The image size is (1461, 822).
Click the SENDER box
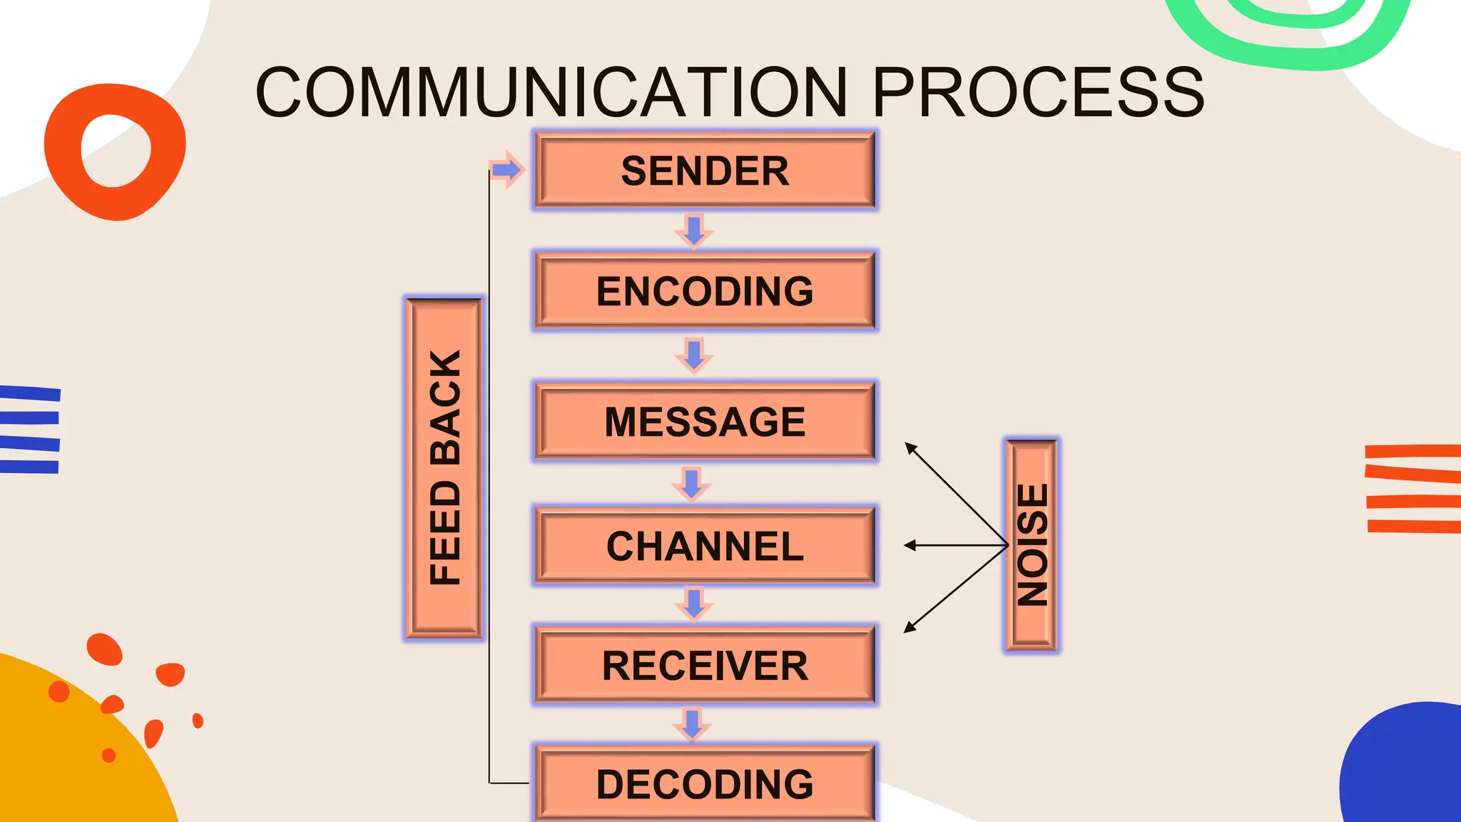[x=705, y=171]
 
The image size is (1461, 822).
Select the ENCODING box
[x=705, y=290]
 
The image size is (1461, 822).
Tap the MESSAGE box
[x=705, y=421]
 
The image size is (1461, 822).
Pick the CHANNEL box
[x=705, y=546]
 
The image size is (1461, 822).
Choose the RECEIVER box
[x=705, y=665]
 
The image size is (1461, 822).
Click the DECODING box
[x=705, y=783]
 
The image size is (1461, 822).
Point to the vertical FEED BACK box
[x=444, y=468]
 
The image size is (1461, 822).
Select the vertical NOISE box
[x=1032, y=545]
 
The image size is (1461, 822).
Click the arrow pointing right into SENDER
[x=507, y=170]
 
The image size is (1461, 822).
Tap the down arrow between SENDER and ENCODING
[x=693, y=230]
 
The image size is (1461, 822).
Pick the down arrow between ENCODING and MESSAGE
[x=693, y=355]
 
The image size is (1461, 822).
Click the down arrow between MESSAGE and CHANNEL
[x=691, y=484]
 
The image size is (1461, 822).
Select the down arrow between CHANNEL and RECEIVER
[x=693, y=604]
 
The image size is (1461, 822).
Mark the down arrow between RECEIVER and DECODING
[x=691, y=724]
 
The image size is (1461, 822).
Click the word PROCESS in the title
[x=1038, y=93]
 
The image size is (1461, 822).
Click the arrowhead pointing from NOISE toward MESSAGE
[x=910, y=447]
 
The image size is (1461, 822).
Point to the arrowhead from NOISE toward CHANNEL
[x=910, y=545]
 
